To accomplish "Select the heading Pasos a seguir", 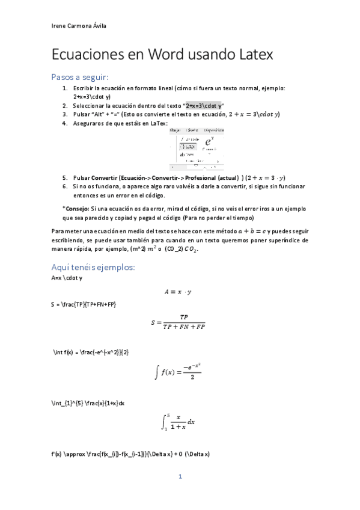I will pos(80,78).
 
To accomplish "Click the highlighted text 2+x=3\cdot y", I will pos(203,105).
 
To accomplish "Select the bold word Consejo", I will pos(76,208).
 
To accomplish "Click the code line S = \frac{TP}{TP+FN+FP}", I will pos(84,305).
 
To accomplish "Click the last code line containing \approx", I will pos(130,453).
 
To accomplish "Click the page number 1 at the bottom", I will pos(180,477).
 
